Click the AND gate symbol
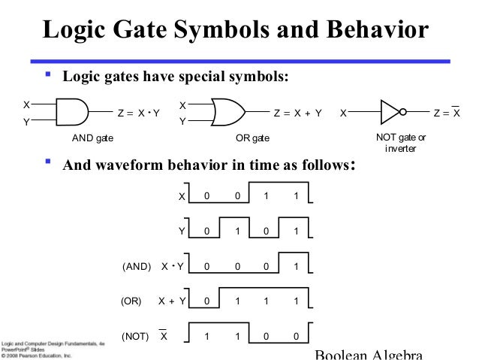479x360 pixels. click(x=73, y=113)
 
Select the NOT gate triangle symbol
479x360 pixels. click(x=390, y=113)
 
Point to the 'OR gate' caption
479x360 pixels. click(x=252, y=139)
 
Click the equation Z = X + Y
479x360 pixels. click(x=297, y=113)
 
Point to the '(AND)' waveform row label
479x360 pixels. click(x=136, y=266)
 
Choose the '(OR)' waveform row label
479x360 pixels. click(x=131, y=301)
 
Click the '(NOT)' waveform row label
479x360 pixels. click(x=135, y=336)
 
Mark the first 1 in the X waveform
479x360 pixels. click(x=266, y=196)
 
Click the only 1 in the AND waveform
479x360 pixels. click(x=296, y=266)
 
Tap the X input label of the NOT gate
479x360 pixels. click(x=343, y=113)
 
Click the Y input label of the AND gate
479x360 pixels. click(x=26, y=122)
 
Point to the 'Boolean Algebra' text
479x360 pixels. click(x=369, y=355)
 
